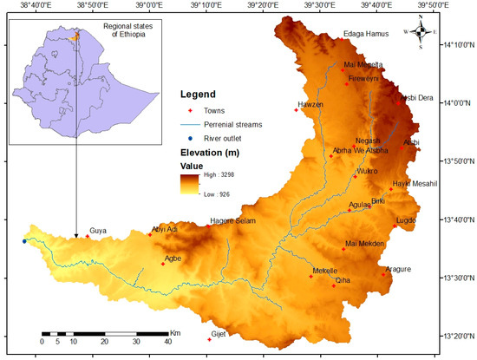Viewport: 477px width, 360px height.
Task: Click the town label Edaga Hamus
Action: (365, 34)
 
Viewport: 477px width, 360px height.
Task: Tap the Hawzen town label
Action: (310, 105)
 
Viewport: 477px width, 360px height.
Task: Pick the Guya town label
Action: (98, 231)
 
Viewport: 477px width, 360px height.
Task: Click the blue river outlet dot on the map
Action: (24, 241)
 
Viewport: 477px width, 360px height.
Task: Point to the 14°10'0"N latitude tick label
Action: (458, 45)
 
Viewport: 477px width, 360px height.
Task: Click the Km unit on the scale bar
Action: (175, 332)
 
